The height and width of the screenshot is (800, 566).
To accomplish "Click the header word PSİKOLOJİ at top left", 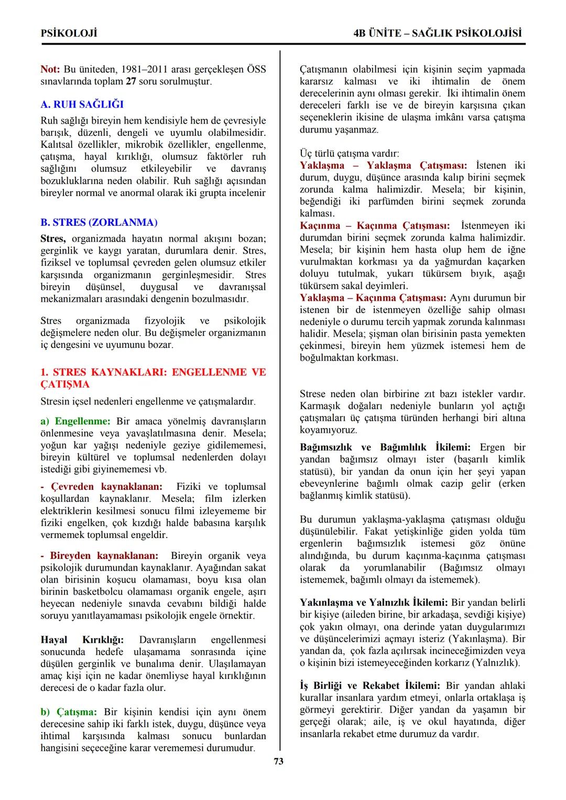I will point(69,33).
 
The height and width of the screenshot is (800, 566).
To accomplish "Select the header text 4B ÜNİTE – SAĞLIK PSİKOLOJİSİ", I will point(438,33).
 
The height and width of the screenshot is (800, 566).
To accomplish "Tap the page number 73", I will point(279,761).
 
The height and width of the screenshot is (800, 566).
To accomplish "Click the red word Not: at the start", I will point(50,69).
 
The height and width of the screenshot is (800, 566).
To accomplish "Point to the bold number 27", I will point(131,81).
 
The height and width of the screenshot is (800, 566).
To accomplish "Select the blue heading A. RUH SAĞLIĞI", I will point(82,104).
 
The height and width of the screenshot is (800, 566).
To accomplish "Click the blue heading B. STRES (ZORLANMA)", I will point(99,222).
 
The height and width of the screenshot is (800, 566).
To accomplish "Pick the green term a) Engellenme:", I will point(75,421).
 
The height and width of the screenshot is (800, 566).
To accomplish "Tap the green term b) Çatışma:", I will point(69,711).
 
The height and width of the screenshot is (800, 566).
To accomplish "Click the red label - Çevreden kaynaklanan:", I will point(102,486).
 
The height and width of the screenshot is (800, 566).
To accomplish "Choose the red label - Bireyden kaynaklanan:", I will point(99,555).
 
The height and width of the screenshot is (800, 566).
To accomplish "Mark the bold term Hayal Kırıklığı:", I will point(82,640).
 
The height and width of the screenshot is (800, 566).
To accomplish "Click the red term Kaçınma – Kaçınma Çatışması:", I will point(374,225).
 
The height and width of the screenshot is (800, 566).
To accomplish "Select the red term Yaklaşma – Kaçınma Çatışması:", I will point(373,298).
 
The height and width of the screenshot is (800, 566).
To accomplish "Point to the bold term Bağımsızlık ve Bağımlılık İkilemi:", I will point(385,447).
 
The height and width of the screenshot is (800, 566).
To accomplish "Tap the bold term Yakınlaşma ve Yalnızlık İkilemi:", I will point(374,602).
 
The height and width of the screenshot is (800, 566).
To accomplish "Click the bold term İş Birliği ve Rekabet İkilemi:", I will point(370,685).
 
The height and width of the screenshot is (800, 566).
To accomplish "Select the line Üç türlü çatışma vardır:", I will point(349,154).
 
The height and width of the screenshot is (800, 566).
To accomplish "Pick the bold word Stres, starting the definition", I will point(53,238).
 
